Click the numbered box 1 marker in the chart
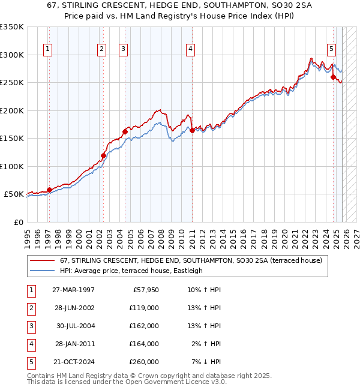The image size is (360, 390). coord(47,49)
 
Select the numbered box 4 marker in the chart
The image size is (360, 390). coord(190,49)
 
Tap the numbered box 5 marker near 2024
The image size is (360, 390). coord(331,49)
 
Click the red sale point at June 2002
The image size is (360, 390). coord(103,155)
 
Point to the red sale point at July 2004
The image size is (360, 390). coord(125,131)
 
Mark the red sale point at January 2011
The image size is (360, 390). coord(191,130)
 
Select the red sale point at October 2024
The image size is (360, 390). coord(333,77)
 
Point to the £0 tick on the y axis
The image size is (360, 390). coord(18,222)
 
